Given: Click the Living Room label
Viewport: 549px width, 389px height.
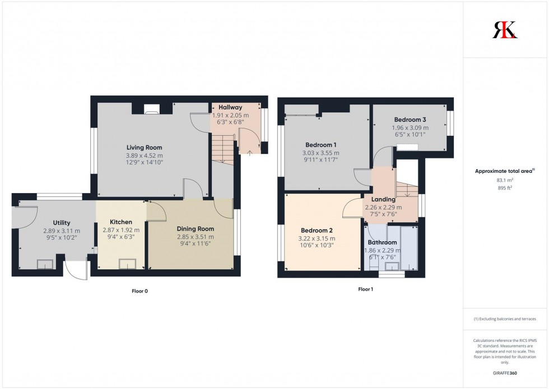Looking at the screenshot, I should tap(144, 148).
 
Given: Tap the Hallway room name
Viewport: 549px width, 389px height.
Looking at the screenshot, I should tap(230, 107).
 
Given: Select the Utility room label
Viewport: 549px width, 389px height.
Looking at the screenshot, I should tap(62, 223).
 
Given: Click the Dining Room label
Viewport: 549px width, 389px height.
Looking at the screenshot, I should tap(196, 228).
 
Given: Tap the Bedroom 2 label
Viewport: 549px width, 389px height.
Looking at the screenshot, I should tap(317, 231).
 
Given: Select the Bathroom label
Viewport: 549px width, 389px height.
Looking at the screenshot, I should tap(384, 242).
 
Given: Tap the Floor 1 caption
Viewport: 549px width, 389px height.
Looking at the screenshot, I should tap(365, 289).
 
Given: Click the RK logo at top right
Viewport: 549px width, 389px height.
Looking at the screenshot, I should tap(505, 30).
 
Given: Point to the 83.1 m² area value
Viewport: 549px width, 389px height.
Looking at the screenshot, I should tap(505, 180).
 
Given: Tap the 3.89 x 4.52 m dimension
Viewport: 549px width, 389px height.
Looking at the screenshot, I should tap(144, 155).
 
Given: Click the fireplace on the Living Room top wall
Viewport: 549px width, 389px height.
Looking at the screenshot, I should tap(151, 111).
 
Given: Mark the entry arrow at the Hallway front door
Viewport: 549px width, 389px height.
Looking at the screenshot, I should tap(249, 152).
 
